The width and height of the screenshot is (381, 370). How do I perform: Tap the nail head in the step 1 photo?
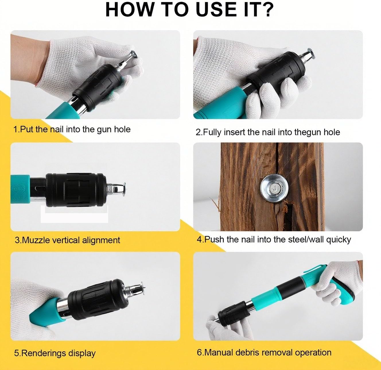point(134,54)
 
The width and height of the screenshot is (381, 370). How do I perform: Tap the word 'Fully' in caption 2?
point(212,132)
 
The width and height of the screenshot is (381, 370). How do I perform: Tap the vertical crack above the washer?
point(277,159)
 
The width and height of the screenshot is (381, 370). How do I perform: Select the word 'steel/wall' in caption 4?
point(303,239)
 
